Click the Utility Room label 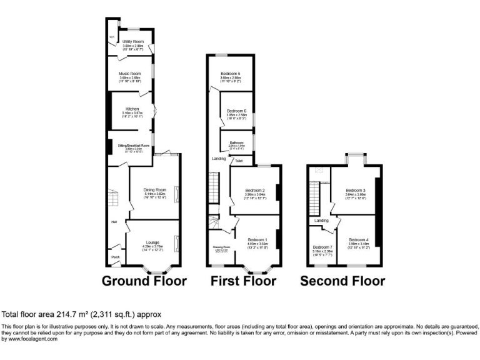tap(132, 42)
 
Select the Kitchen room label tap(132, 109)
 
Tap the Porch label tap(116, 257)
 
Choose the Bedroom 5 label tap(230, 74)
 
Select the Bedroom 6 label tap(236, 111)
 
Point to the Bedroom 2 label tap(255, 190)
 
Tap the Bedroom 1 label tap(257, 240)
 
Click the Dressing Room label tap(222, 247)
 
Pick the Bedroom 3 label tap(355, 190)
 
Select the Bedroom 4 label tap(358, 240)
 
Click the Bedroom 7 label tap(322, 247)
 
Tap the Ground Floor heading tap(144, 281)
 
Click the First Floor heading tap(243, 281)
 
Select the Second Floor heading tap(342, 281)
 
